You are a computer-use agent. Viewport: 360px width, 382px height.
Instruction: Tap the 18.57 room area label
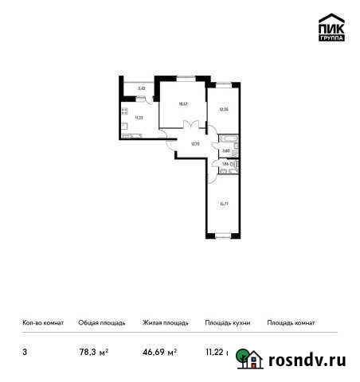pyautogui.click(x=182, y=103)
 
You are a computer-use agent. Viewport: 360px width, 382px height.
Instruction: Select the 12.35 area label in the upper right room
pyautogui.click(x=223, y=109)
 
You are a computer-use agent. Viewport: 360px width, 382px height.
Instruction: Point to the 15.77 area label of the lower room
pyautogui.click(x=223, y=204)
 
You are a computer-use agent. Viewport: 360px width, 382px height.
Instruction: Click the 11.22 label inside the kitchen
pyautogui.click(x=139, y=117)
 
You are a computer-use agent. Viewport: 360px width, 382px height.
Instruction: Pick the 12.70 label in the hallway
pyautogui.click(x=194, y=144)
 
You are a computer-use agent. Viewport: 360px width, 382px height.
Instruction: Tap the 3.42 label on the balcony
pyautogui.click(x=141, y=88)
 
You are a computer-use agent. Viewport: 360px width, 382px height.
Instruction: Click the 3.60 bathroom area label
pyautogui.click(x=226, y=150)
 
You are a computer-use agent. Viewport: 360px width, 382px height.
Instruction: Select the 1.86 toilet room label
pyautogui.click(x=225, y=164)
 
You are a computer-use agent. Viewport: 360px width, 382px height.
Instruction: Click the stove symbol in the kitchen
pyautogui.click(x=125, y=111)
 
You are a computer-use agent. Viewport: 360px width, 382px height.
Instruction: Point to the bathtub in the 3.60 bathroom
pyautogui.click(x=237, y=149)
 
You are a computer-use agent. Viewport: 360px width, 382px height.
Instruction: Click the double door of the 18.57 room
pyautogui.click(x=190, y=124)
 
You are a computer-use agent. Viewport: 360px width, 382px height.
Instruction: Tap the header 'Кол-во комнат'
pyautogui.click(x=37, y=323)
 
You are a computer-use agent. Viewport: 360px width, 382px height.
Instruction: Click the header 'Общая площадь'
pyautogui.click(x=101, y=323)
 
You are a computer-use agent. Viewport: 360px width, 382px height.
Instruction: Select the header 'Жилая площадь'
pyautogui.click(x=165, y=323)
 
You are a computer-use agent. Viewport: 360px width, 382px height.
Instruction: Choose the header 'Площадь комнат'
pyautogui.click(x=292, y=323)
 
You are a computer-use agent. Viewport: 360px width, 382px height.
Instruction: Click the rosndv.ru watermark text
pyautogui.click(x=307, y=360)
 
